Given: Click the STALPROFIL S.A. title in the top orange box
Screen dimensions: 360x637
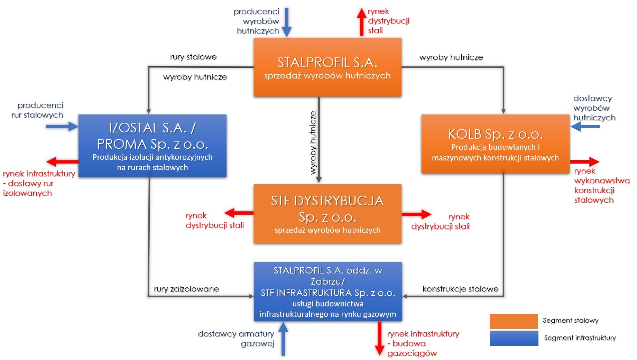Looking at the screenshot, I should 327,63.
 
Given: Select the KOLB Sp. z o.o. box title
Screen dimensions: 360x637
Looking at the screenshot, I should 495,134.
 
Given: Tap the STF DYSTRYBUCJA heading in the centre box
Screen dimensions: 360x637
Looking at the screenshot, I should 327,201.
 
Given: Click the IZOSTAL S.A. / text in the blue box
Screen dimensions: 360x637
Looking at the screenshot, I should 152,128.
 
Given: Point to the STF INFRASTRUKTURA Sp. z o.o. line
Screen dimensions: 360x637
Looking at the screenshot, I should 327,293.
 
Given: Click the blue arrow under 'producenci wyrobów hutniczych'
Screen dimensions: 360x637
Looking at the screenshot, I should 287,22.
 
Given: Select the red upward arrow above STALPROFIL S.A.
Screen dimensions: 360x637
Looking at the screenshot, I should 362,22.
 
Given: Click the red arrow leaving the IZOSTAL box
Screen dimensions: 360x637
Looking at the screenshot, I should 62,161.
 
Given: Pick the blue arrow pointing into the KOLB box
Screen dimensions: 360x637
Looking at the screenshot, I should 585,127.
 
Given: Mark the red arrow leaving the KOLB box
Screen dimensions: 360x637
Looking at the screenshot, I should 585,161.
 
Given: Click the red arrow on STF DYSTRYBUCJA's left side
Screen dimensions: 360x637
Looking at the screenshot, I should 239,213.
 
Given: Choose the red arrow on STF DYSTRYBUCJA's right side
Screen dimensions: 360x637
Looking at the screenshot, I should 416,214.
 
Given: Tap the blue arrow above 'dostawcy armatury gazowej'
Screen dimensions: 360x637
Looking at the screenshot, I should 283,339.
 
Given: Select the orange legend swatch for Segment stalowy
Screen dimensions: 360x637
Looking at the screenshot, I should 514,321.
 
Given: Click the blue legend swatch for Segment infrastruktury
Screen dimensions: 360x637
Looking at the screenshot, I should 514,338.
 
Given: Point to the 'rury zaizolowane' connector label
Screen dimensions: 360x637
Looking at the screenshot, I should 186,289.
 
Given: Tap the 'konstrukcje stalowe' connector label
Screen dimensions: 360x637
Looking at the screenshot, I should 460,289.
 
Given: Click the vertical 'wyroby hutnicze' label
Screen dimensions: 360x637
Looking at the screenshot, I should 313,142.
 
